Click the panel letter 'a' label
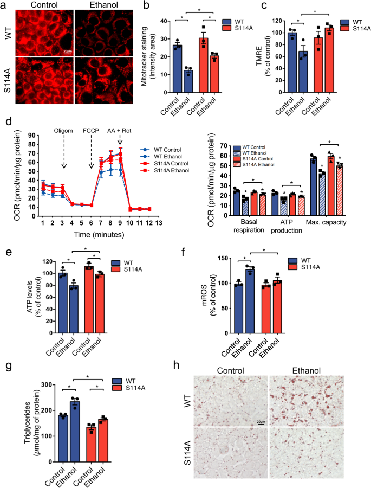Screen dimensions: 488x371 [4, 5]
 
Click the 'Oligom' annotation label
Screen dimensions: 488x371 [64, 130]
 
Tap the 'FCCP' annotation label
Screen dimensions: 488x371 [90, 130]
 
